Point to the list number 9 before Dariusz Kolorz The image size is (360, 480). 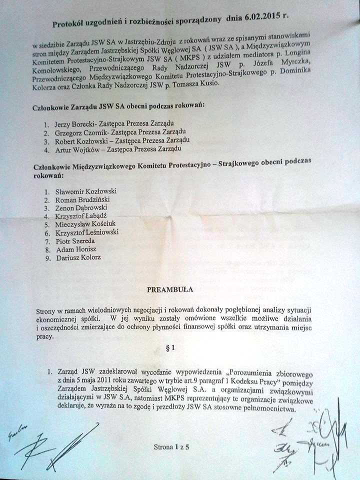point(46,257)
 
